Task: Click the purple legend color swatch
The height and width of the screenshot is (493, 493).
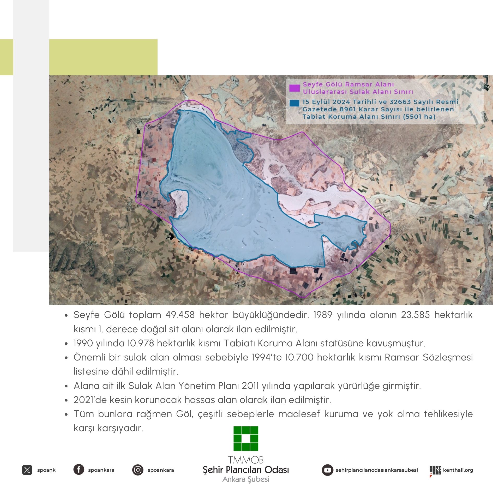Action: pos(294,88)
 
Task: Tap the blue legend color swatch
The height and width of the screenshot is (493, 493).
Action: pos(294,103)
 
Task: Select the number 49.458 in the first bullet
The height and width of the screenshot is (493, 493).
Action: pos(180,315)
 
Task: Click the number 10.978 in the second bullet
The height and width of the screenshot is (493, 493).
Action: pos(141,343)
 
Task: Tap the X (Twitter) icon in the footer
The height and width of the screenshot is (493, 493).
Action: pos(27,470)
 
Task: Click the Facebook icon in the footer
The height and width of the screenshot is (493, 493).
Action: pos(79,470)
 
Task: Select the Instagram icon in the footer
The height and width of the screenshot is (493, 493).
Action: pos(137,470)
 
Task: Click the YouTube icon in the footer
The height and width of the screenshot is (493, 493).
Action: pos(327,470)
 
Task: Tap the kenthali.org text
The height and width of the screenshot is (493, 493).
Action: pos(458,470)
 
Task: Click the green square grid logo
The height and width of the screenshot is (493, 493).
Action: pos(246,438)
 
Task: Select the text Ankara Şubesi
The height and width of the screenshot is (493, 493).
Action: pos(246,479)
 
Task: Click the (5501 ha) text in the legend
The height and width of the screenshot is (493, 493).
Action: pos(419,117)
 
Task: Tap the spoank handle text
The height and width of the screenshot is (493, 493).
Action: pos(46,470)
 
